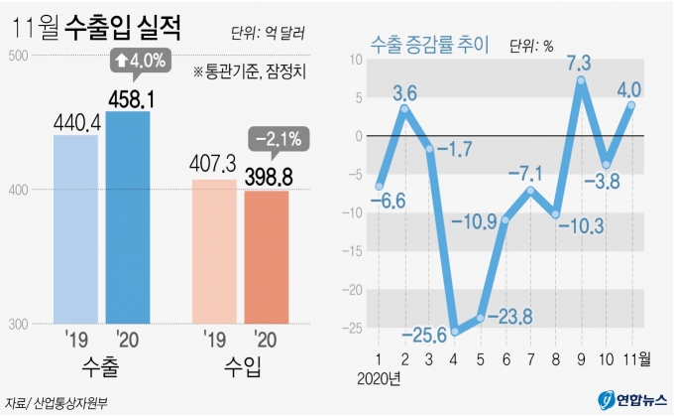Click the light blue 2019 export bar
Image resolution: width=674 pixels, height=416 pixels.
[x=75, y=228]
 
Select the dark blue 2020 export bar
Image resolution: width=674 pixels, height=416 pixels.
[x=128, y=217]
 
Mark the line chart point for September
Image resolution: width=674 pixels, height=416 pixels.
[x=581, y=79]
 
